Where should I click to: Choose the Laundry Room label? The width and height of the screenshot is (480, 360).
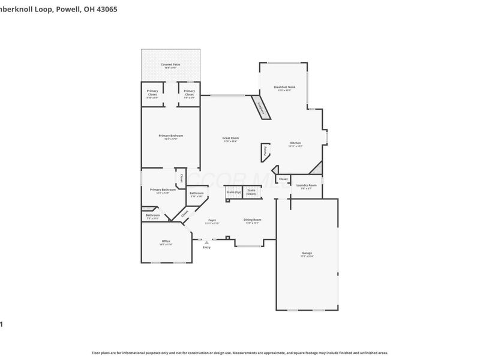click(306, 187)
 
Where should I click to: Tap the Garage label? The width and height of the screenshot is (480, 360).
click(307, 254)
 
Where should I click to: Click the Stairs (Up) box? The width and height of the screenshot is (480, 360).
click(233, 192)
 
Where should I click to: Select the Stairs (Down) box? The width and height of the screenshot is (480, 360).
click(251, 193)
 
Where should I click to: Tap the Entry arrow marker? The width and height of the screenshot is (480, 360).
click(206, 242)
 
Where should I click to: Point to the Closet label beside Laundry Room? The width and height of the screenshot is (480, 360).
click(283, 179)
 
